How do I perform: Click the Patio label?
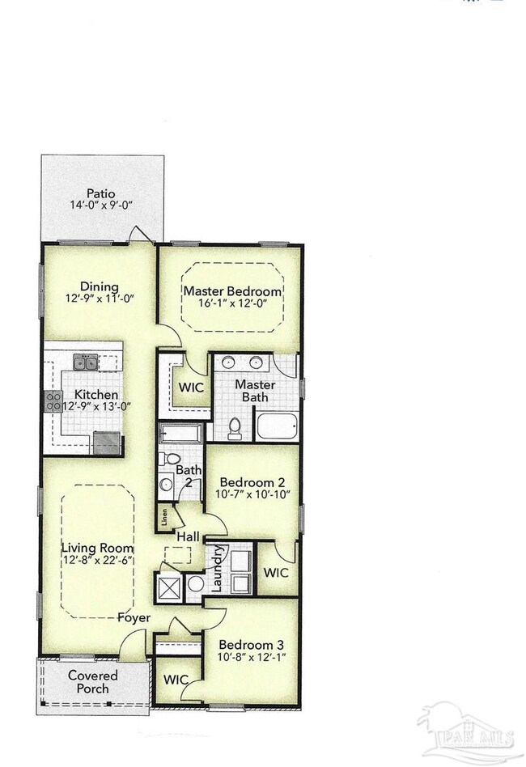click(100, 193)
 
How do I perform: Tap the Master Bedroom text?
click(232, 291)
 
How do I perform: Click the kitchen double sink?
click(86, 362)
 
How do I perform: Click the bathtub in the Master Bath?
click(278, 426)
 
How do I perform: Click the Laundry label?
click(216, 569)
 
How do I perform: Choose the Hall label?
click(188, 536)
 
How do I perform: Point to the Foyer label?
click(134, 618)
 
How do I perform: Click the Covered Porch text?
click(92, 682)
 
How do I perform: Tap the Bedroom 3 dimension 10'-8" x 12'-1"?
click(252, 657)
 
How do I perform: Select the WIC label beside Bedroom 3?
click(176, 680)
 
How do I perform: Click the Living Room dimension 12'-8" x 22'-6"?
click(98, 560)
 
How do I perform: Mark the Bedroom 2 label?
click(252, 481)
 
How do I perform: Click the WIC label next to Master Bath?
click(190, 387)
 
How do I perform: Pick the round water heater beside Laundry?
click(195, 584)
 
